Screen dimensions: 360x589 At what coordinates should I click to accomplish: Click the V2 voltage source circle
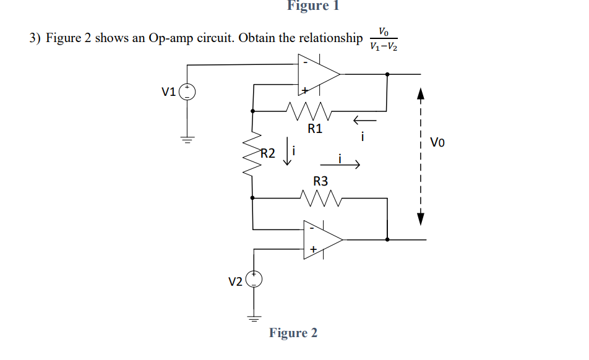point(254,280)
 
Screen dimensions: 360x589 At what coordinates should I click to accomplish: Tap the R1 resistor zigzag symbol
point(311,112)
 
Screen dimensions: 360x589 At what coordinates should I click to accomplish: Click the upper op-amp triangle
point(317,74)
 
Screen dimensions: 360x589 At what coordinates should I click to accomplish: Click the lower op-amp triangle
point(321,239)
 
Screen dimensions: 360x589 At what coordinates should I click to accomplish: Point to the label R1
point(315,129)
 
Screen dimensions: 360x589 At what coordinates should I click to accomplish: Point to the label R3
point(320,181)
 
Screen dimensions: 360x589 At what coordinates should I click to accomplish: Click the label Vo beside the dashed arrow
point(437,143)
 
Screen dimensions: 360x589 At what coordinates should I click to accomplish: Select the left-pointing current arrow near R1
point(364,120)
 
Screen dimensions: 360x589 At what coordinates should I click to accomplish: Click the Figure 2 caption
point(293,333)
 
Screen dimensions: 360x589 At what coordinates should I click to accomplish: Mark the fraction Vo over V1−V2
point(383,38)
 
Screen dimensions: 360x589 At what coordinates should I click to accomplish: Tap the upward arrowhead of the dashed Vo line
point(421,94)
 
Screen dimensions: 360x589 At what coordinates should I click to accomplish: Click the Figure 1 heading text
point(313,6)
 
